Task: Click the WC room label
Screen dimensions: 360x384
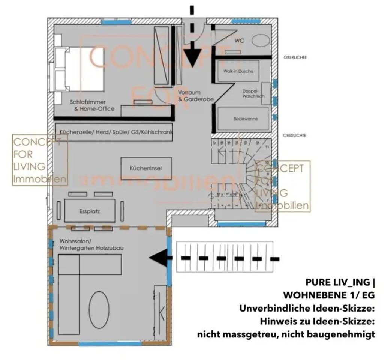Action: [239, 41]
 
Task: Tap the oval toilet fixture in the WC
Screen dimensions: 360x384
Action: [261, 41]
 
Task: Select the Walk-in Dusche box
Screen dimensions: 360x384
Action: [238, 71]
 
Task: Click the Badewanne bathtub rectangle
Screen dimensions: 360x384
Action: [243, 119]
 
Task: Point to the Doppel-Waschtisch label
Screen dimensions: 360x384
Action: [253, 93]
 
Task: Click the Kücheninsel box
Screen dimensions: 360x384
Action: [146, 169]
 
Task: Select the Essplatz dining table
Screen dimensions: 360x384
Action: [90, 211]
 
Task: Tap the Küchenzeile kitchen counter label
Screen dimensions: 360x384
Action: [114, 132]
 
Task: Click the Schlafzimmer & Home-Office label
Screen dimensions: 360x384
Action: [92, 105]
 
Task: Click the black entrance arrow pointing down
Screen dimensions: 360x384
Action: [192, 56]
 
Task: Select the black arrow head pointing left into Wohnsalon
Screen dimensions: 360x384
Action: [157, 258]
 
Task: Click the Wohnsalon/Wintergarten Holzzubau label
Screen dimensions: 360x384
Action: [91, 244]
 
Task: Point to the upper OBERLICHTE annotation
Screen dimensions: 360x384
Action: [295, 57]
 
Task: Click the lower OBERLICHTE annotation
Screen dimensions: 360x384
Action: [295, 135]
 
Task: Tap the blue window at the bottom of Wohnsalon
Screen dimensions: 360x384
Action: [110, 343]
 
